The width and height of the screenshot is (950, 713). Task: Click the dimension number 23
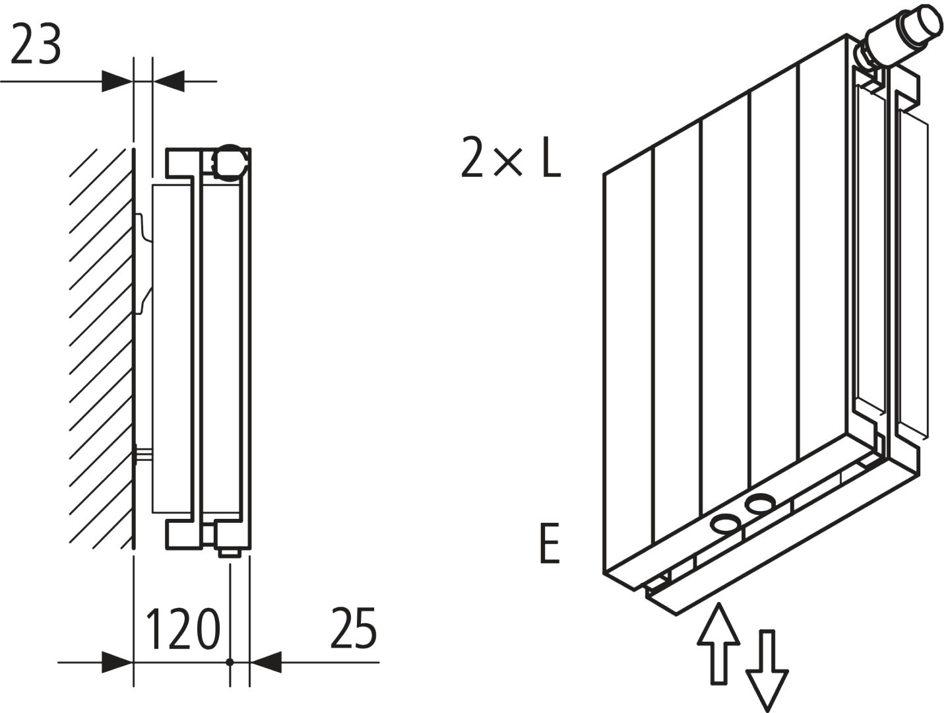click(x=36, y=45)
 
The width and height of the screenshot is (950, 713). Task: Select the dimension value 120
click(x=181, y=629)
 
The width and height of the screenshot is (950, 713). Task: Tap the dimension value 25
click(x=354, y=628)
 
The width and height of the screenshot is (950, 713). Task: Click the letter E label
click(x=550, y=543)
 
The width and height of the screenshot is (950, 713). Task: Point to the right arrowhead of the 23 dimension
click(x=168, y=82)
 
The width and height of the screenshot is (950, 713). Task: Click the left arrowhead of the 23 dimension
click(x=117, y=82)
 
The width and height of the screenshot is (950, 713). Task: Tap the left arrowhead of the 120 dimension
click(x=117, y=662)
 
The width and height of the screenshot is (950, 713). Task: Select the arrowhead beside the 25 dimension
click(x=266, y=662)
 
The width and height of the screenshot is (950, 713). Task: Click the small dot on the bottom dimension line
click(x=230, y=662)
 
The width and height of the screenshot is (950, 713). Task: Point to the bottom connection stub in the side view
click(x=230, y=551)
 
